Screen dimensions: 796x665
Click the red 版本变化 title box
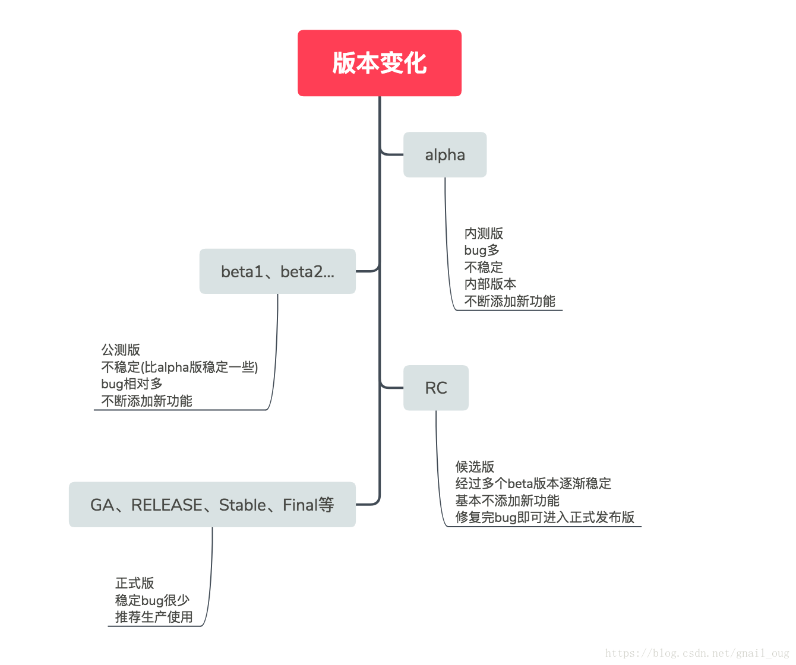(x=380, y=63)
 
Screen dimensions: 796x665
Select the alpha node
(x=445, y=155)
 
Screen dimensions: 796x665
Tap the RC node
(x=436, y=388)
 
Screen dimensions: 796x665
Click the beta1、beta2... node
(x=277, y=271)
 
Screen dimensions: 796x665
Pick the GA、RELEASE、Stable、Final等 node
(x=212, y=504)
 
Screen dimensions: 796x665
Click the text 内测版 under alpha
(x=484, y=233)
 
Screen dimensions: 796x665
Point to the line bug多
(x=482, y=251)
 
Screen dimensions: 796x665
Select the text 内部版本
(x=490, y=284)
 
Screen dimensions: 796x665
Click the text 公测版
(x=121, y=350)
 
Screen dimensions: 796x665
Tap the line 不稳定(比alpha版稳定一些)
(x=179, y=366)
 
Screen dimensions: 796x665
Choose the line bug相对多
(x=131, y=384)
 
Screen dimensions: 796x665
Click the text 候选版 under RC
(x=474, y=467)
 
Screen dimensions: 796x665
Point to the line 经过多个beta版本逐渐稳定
(x=533, y=483)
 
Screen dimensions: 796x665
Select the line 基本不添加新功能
(x=507, y=501)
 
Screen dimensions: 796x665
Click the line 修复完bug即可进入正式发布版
(x=544, y=517)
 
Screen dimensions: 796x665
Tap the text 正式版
(x=135, y=583)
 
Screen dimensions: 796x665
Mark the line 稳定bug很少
(x=152, y=600)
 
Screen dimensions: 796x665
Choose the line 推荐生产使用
(x=154, y=617)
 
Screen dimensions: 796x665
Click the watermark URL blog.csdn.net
(x=697, y=653)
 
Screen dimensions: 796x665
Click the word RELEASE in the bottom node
(x=166, y=505)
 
